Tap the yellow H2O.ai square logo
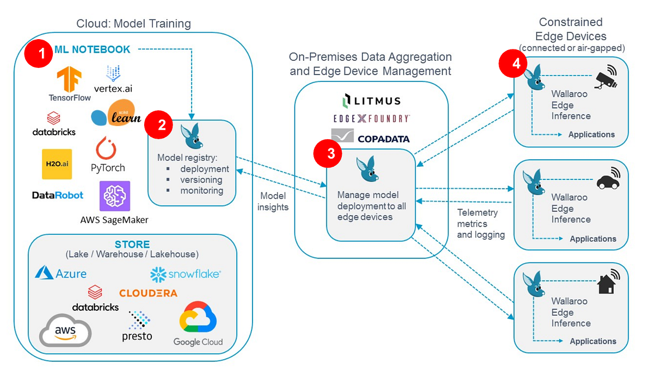click(x=57, y=164)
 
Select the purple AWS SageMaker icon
click(x=114, y=196)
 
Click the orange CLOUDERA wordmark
click(x=148, y=293)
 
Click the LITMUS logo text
click(x=371, y=101)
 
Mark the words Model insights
click(x=273, y=201)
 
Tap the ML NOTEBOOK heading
click(x=92, y=49)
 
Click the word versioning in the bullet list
click(x=201, y=180)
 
